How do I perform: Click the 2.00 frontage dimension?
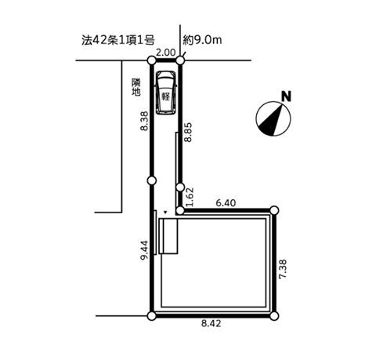(x=165, y=53)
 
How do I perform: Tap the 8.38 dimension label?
(x=144, y=121)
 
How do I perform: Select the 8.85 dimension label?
(x=188, y=132)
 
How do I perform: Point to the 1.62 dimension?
(x=190, y=197)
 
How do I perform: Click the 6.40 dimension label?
(x=226, y=202)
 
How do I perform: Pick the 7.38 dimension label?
(x=283, y=269)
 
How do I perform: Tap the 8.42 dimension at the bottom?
(x=211, y=324)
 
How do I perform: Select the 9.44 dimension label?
(x=144, y=249)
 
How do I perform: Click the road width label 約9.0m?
(x=202, y=40)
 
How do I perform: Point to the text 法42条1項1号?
(x=118, y=41)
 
